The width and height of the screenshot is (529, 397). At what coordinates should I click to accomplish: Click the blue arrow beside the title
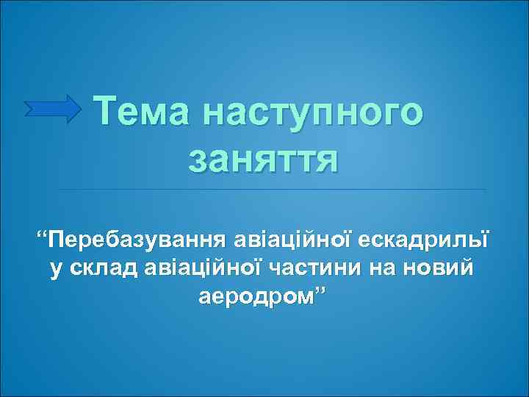pos(53,108)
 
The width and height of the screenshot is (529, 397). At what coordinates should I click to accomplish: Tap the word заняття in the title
pos(263,157)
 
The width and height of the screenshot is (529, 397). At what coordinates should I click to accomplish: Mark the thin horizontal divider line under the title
pos(272,189)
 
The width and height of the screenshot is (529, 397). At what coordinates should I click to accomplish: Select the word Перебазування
pos(137,240)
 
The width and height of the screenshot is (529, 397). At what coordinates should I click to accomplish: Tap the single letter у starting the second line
pos(56,270)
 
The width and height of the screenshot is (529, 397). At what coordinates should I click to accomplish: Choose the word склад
pos(100,268)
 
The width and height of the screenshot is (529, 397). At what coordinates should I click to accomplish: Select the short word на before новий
pos(382,268)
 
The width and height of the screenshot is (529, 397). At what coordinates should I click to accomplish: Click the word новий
pos(439,268)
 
